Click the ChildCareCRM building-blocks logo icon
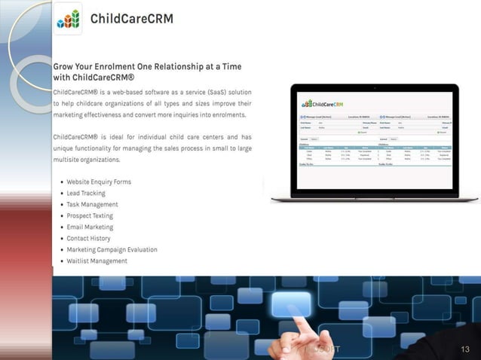click(x=68, y=18)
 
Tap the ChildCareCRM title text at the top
click(x=132, y=18)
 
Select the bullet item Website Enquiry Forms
click(x=99, y=182)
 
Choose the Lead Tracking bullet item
click(x=86, y=193)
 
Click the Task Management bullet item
click(x=92, y=204)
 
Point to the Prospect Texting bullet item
click(x=90, y=215)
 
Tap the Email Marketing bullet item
click(x=90, y=227)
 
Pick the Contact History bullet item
click(x=88, y=238)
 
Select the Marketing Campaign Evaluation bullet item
click(x=112, y=249)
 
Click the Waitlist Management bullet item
click(x=97, y=261)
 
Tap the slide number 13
click(x=464, y=349)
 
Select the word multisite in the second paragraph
click(x=72, y=160)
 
